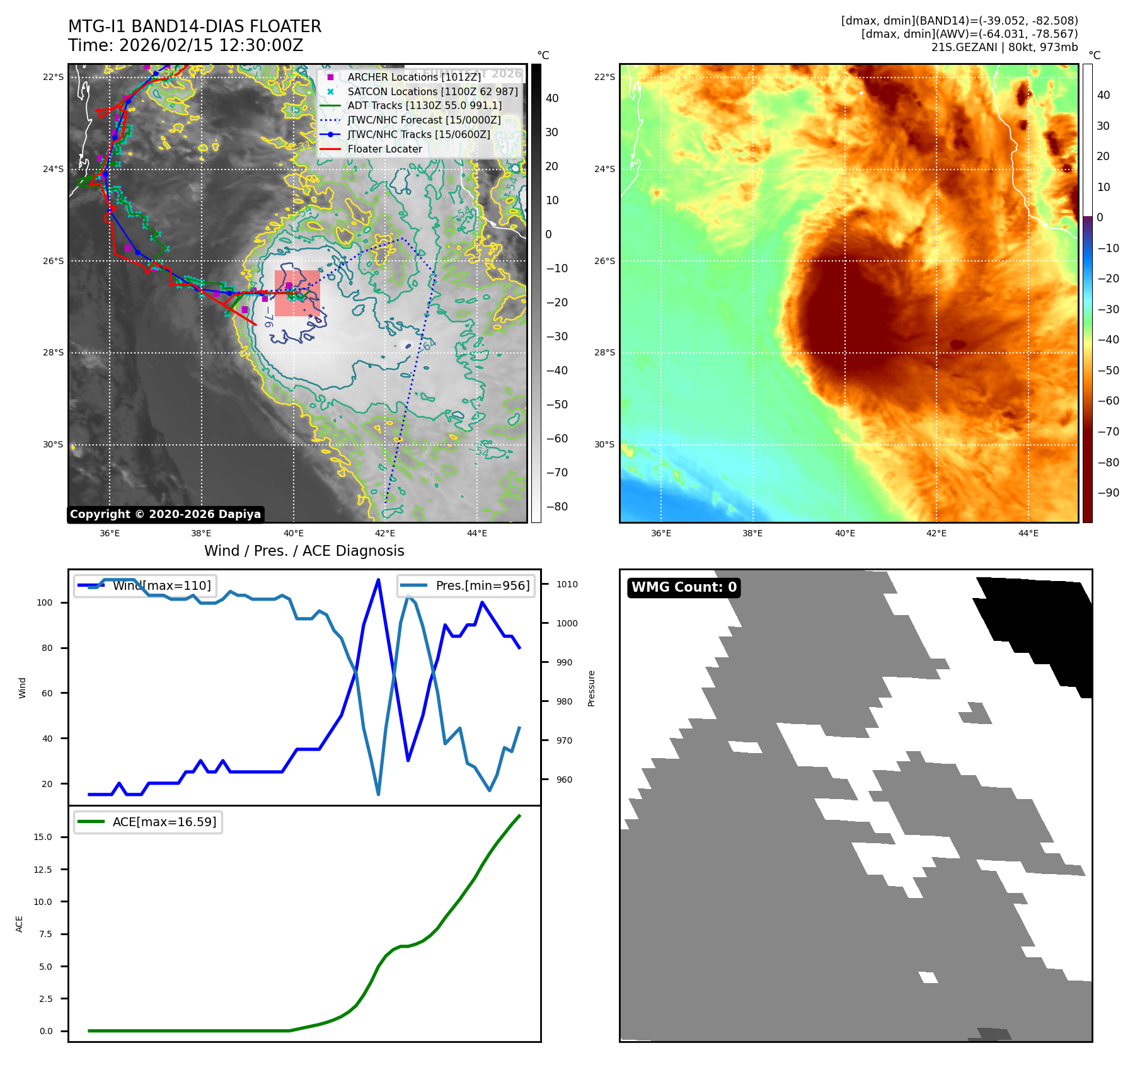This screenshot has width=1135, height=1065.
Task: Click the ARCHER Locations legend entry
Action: pyautogui.click(x=413, y=77)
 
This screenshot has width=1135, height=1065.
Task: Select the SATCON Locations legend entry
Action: pyautogui.click(x=432, y=91)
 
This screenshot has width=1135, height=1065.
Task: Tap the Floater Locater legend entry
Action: pyautogui.click(x=384, y=149)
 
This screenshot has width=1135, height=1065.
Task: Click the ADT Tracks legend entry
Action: pyautogui.click(x=424, y=105)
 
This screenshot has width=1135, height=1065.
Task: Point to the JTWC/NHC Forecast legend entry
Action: pyautogui.click(x=423, y=120)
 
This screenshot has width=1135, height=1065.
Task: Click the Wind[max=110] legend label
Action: pyautogui.click(x=161, y=585)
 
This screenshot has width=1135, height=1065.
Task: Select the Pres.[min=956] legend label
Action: pyautogui.click(x=483, y=585)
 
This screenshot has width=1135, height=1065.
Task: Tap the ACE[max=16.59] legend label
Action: pyautogui.click(x=164, y=822)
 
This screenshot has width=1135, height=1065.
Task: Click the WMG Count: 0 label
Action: pyautogui.click(x=684, y=587)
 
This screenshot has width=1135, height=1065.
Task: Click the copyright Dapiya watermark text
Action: pyautogui.click(x=165, y=514)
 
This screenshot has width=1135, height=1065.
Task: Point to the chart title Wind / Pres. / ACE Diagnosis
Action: pyautogui.click(x=304, y=551)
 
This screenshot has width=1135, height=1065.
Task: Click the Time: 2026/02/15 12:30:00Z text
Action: pyautogui.click(x=186, y=45)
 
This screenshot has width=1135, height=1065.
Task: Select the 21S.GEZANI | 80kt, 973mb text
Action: pyautogui.click(x=1004, y=47)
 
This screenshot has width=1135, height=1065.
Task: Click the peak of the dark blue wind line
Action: pyautogui.click(x=378, y=580)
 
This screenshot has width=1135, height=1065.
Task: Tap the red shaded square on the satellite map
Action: pyautogui.click(x=297, y=293)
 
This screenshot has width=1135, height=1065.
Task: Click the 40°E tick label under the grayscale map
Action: pyautogui.click(x=293, y=534)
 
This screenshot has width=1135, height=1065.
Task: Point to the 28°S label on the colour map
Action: pyautogui.click(x=604, y=352)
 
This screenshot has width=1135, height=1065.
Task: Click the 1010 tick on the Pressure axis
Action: pyautogui.click(x=567, y=584)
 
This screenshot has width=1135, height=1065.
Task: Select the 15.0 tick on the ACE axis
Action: pyautogui.click(x=43, y=837)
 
